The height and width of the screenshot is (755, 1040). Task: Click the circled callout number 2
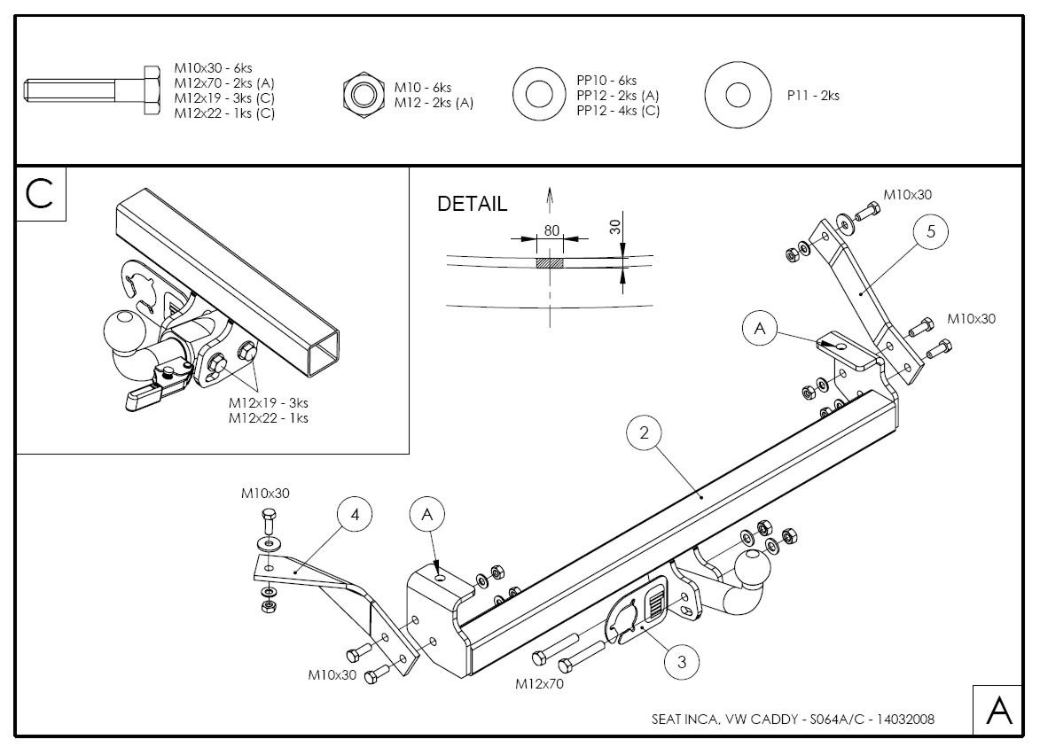(x=645, y=432)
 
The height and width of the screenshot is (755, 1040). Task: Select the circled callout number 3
(x=681, y=661)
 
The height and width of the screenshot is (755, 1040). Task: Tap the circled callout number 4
(x=355, y=514)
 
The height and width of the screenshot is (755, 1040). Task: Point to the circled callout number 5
(x=931, y=232)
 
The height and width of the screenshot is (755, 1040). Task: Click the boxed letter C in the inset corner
(x=41, y=193)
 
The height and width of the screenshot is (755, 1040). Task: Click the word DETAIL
(x=473, y=204)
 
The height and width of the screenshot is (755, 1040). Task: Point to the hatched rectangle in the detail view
(x=550, y=263)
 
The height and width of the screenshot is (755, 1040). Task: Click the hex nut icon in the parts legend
(x=362, y=95)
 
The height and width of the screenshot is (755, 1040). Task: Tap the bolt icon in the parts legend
(x=89, y=90)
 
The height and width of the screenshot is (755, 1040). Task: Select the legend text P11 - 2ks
(x=813, y=96)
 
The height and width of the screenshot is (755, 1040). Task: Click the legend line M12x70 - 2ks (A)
(x=223, y=83)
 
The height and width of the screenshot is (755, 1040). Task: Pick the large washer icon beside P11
(x=738, y=95)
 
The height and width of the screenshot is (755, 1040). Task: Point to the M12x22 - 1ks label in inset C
(x=269, y=417)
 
